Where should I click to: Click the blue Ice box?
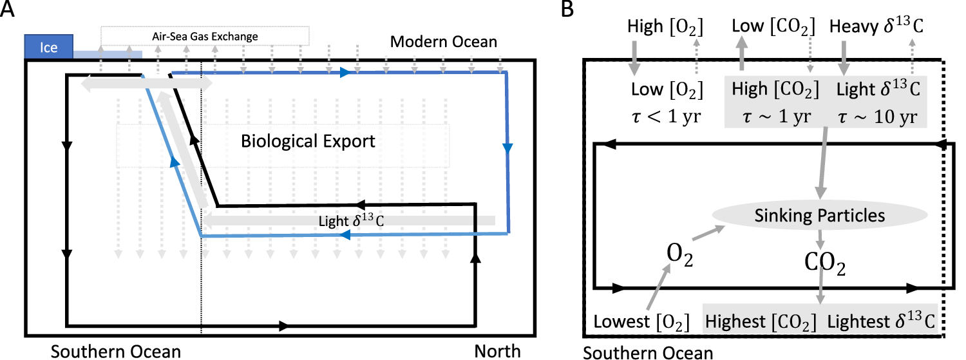pyautogui.click(x=49, y=47)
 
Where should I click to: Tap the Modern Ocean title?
pyautogui.click(x=444, y=43)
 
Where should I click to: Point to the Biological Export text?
pyautogui.click(x=308, y=141)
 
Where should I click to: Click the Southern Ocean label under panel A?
pyautogui.click(x=116, y=352)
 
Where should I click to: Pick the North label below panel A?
pyautogui.click(x=497, y=352)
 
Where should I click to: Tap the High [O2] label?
pyautogui.click(x=663, y=28)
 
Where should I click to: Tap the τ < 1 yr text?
pyautogui.click(x=663, y=118)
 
